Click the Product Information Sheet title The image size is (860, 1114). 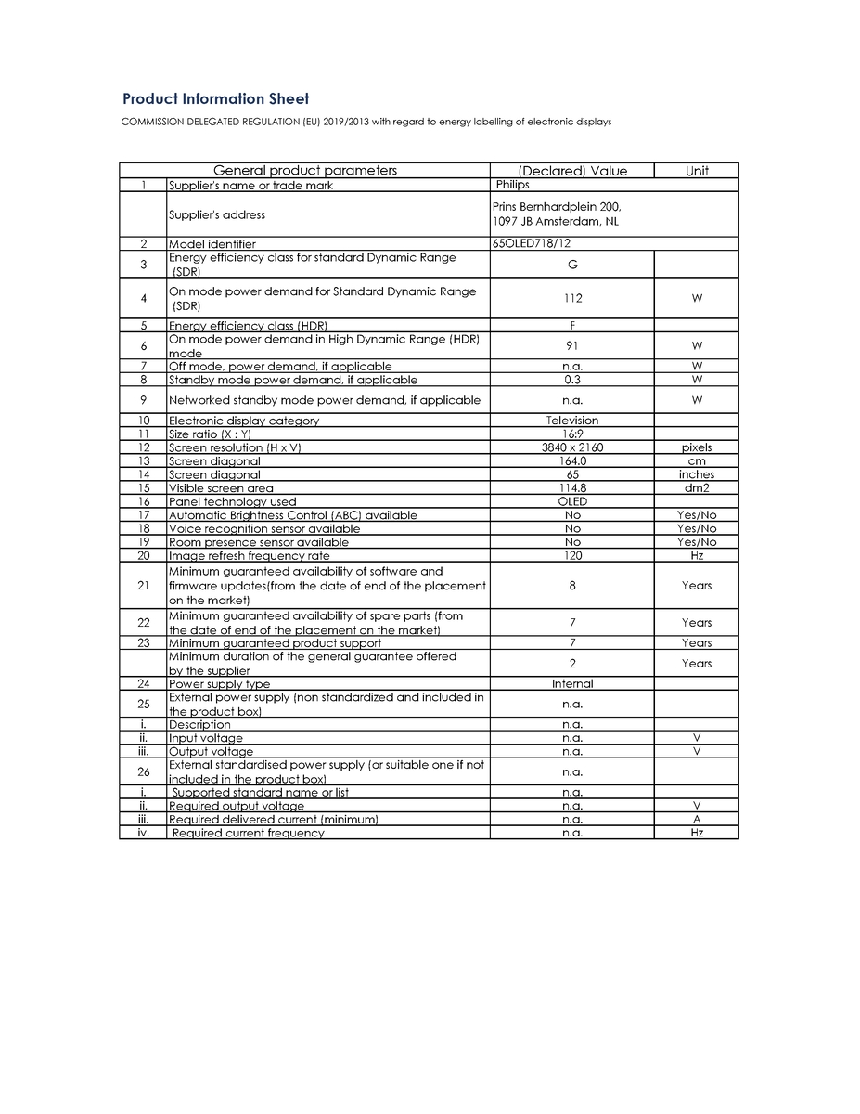[216, 99]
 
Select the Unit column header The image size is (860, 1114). [697, 171]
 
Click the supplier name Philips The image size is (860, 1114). [512, 185]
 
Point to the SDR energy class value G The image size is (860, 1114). [572, 265]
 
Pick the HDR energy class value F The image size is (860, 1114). [572, 326]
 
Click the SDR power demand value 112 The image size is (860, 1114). [572, 299]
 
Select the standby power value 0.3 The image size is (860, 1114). [572, 380]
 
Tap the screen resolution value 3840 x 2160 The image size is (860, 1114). [572, 447]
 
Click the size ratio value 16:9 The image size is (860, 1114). [572, 434]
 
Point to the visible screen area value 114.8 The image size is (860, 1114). [572, 488]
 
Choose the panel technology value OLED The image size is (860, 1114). [572, 501]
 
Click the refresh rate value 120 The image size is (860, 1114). [572, 555]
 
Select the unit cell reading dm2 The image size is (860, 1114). [697, 488]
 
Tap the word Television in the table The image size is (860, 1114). [572, 421]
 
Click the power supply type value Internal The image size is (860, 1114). [572, 684]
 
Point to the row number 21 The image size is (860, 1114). [143, 586]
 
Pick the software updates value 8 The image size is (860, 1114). [572, 586]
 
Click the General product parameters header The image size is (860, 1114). [305, 171]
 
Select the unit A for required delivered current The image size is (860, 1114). [697, 820]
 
